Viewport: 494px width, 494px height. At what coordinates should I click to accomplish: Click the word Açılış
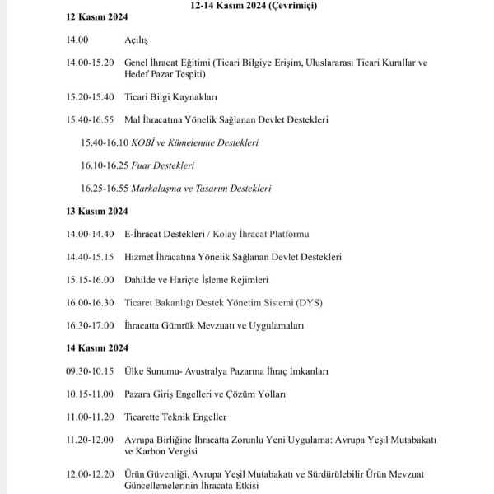pos(137,40)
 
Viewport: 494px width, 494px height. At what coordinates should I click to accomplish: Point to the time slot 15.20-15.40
pos(90,97)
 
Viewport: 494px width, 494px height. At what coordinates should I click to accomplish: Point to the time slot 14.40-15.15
pos(90,257)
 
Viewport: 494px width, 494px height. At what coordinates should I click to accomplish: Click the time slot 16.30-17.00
pos(90,325)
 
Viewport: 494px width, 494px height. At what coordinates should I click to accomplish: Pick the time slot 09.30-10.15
pos(90,371)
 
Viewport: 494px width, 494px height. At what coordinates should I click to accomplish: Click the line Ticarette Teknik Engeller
pos(175,417)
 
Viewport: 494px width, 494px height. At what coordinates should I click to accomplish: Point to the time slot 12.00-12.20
pos(90,475)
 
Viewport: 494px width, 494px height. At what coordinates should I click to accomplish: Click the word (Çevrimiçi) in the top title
pos(292,5)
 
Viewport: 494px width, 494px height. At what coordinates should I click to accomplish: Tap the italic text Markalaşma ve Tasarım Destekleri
pos(201,189)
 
